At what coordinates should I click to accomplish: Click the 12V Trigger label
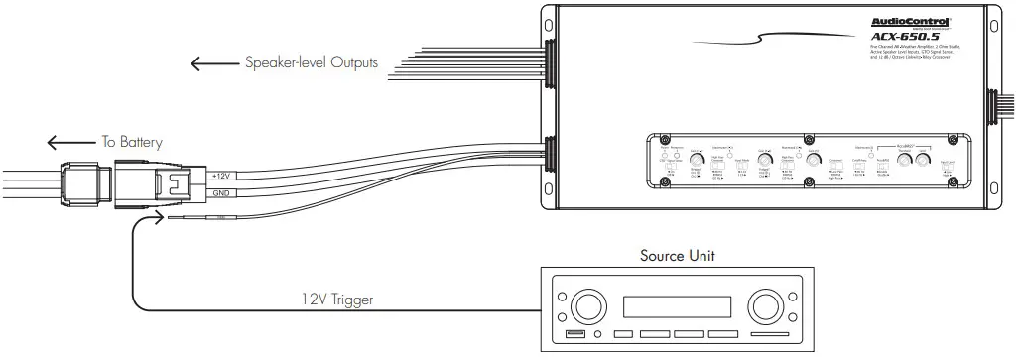[x=337, y=297]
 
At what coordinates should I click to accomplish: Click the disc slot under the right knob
[x=769, y=334]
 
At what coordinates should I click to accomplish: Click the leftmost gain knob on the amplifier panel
[x=695, y=159]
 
